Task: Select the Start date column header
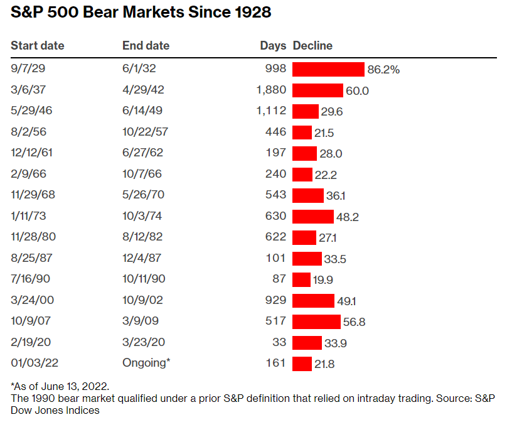tap(38, 46)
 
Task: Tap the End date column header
tap(146, 46)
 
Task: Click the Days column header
tap(273, 46)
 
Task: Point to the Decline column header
tap(312, 46)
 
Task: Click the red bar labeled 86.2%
tap(328, 69)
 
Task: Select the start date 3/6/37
tap(27, 90)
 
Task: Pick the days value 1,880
tap(271, 90)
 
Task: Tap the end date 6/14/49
tap(143, 111)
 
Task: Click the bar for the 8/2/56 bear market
tap(302, 132)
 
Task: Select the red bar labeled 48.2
tap(312, 216)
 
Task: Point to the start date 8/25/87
tap(29, 258)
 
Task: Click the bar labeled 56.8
tap(316, 322)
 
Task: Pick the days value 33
tap(280, 342)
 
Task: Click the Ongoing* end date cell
tap(146, 363)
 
